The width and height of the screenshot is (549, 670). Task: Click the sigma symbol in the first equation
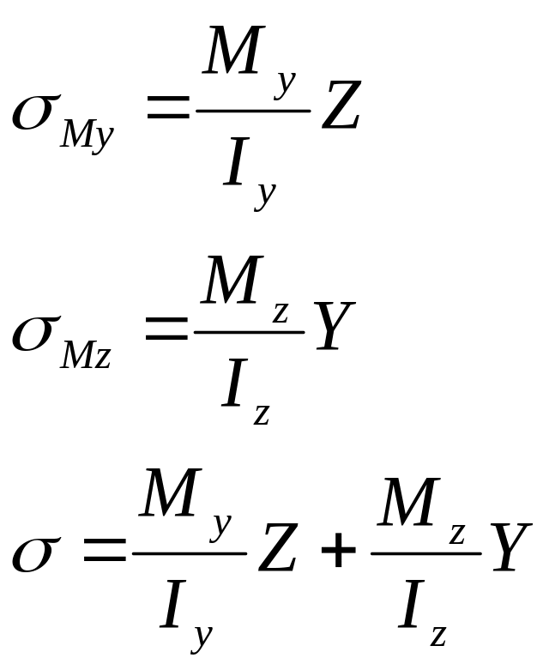(x=34, y=113)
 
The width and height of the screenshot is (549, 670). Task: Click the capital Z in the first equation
(x=340, y=106)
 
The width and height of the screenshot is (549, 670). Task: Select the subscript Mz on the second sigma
(x=85, y=355)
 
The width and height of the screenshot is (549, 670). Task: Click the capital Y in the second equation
(x=334, y=326)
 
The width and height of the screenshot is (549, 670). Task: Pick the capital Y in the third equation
(x=510, y=549)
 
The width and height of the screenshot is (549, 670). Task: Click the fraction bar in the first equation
(x=254, y=111)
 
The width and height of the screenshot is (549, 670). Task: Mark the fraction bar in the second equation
(x=250, y=331)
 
